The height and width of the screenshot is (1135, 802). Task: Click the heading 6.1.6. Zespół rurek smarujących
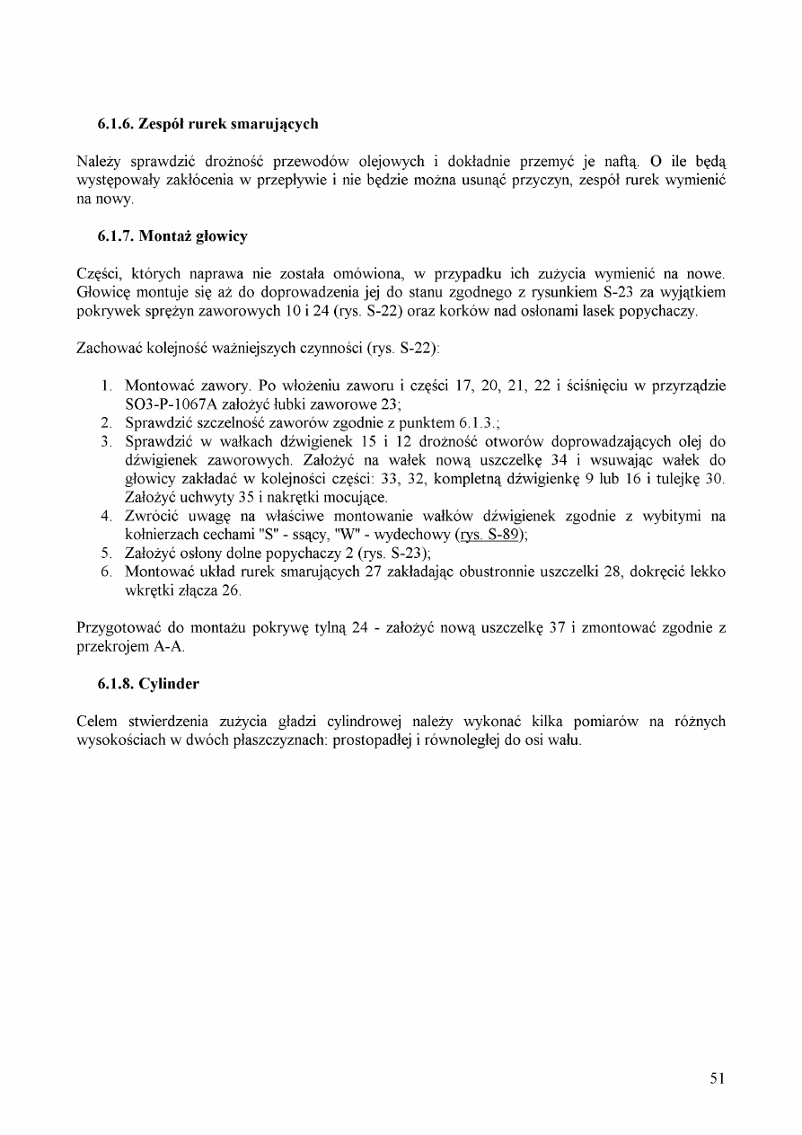pos(207,122)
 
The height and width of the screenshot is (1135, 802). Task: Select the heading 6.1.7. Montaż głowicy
pos(172,236)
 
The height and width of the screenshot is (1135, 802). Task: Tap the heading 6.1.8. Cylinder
pos(148,684)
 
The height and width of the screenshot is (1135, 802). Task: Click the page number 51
pos(717,1078)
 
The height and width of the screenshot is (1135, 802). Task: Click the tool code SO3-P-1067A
pos(173,403)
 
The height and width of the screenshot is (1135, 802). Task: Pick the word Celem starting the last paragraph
pos(97,723)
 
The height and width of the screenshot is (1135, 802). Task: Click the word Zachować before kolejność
pos(108,348)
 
